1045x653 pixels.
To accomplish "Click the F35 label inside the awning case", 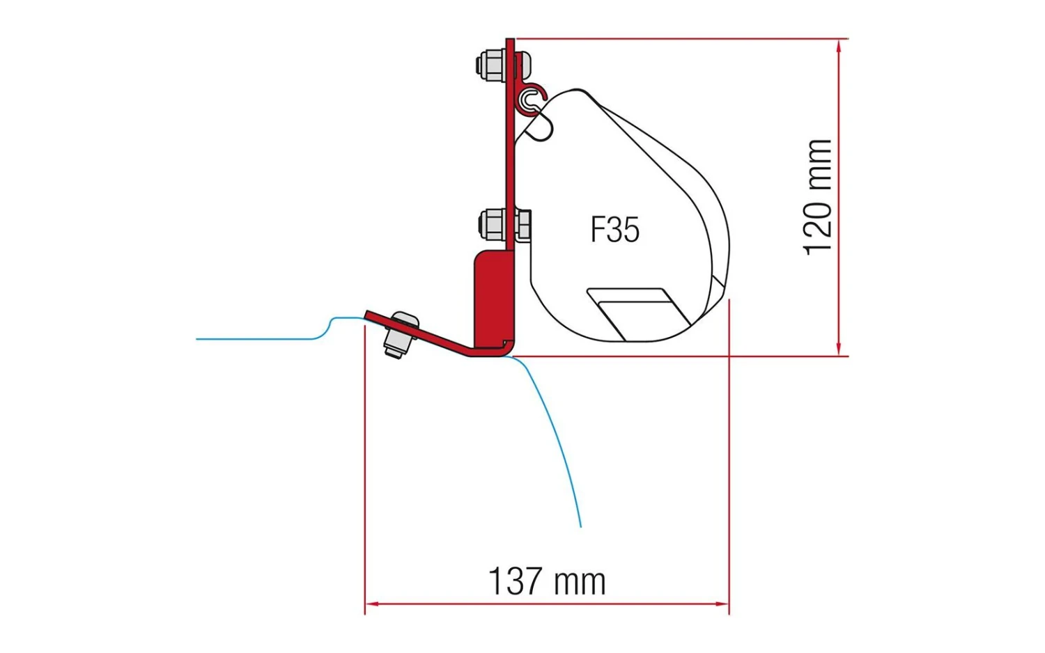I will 614,230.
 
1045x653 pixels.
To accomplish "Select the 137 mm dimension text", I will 547,581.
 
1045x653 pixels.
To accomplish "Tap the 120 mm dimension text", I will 818,197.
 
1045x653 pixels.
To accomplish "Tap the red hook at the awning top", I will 534,97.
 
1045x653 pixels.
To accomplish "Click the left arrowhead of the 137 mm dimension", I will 371,604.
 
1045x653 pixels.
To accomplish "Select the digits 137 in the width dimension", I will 515,581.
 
